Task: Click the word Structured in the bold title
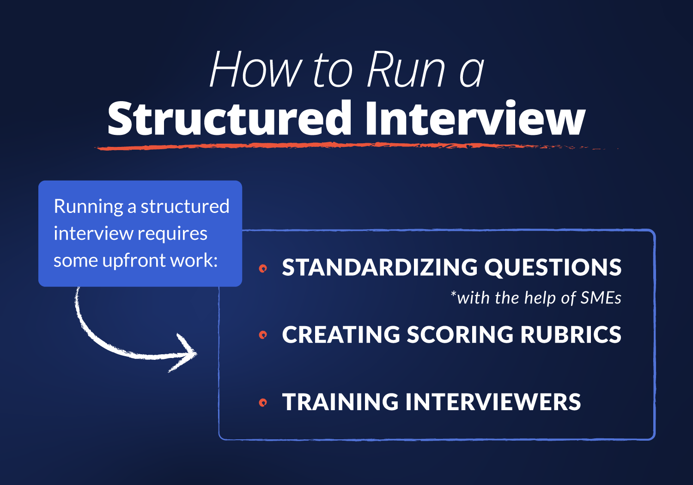[230, 118]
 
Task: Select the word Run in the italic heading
[406, 70]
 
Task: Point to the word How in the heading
[255, 70]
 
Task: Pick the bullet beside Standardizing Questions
[263, 268]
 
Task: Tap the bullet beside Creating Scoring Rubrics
[263, 335]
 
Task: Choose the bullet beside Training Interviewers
[263, 402]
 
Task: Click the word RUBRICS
[571, 335]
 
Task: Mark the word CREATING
[341, 335]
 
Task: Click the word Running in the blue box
[88, 206]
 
